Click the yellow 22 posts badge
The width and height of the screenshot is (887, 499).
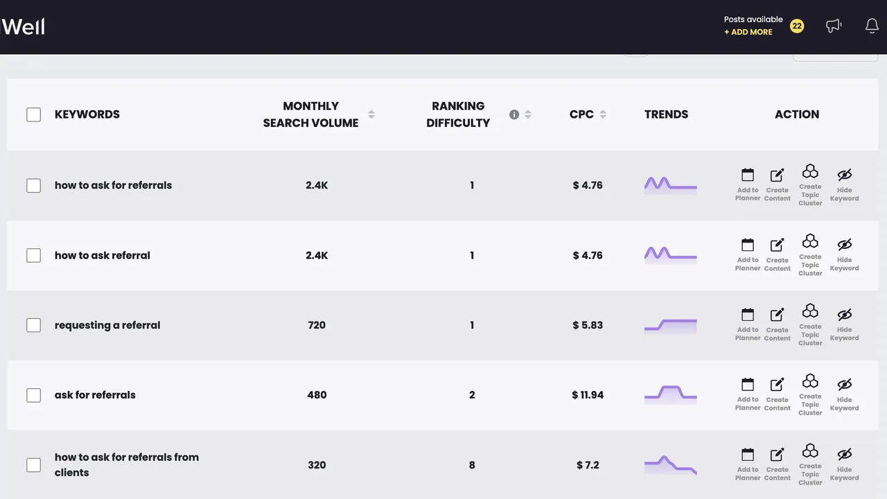(x=797, y=26)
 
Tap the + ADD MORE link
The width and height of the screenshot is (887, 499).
(x=748, y=32)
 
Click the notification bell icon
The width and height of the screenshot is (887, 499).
(x=872, y=26)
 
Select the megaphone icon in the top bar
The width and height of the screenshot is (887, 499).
(x=834, y=26)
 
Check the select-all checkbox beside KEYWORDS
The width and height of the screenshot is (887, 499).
(x=34, y=114)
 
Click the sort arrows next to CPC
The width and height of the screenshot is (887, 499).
(x=603, y=114)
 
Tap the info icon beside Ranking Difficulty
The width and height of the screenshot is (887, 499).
(x=514, y=114)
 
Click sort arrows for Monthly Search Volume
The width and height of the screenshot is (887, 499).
(x=371, y=114)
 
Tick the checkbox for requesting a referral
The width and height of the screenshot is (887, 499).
(x=34, y=325)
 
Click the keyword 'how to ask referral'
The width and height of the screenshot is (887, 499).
(x=102, y=256)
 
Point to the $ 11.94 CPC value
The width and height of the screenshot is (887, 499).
(x=588, y=395)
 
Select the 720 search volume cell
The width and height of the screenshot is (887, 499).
(x=317, y=325)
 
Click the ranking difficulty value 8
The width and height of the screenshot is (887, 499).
(x=472, y=465)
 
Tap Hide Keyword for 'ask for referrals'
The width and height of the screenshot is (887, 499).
(x=844, y=395)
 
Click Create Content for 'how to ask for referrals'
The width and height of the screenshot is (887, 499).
(x=777, y=185)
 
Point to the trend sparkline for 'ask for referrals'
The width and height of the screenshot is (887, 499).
(x=670, y=395)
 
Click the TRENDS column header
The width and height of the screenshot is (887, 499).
(x=666, y=114)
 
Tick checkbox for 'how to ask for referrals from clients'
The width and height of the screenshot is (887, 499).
(x=34, y=465)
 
